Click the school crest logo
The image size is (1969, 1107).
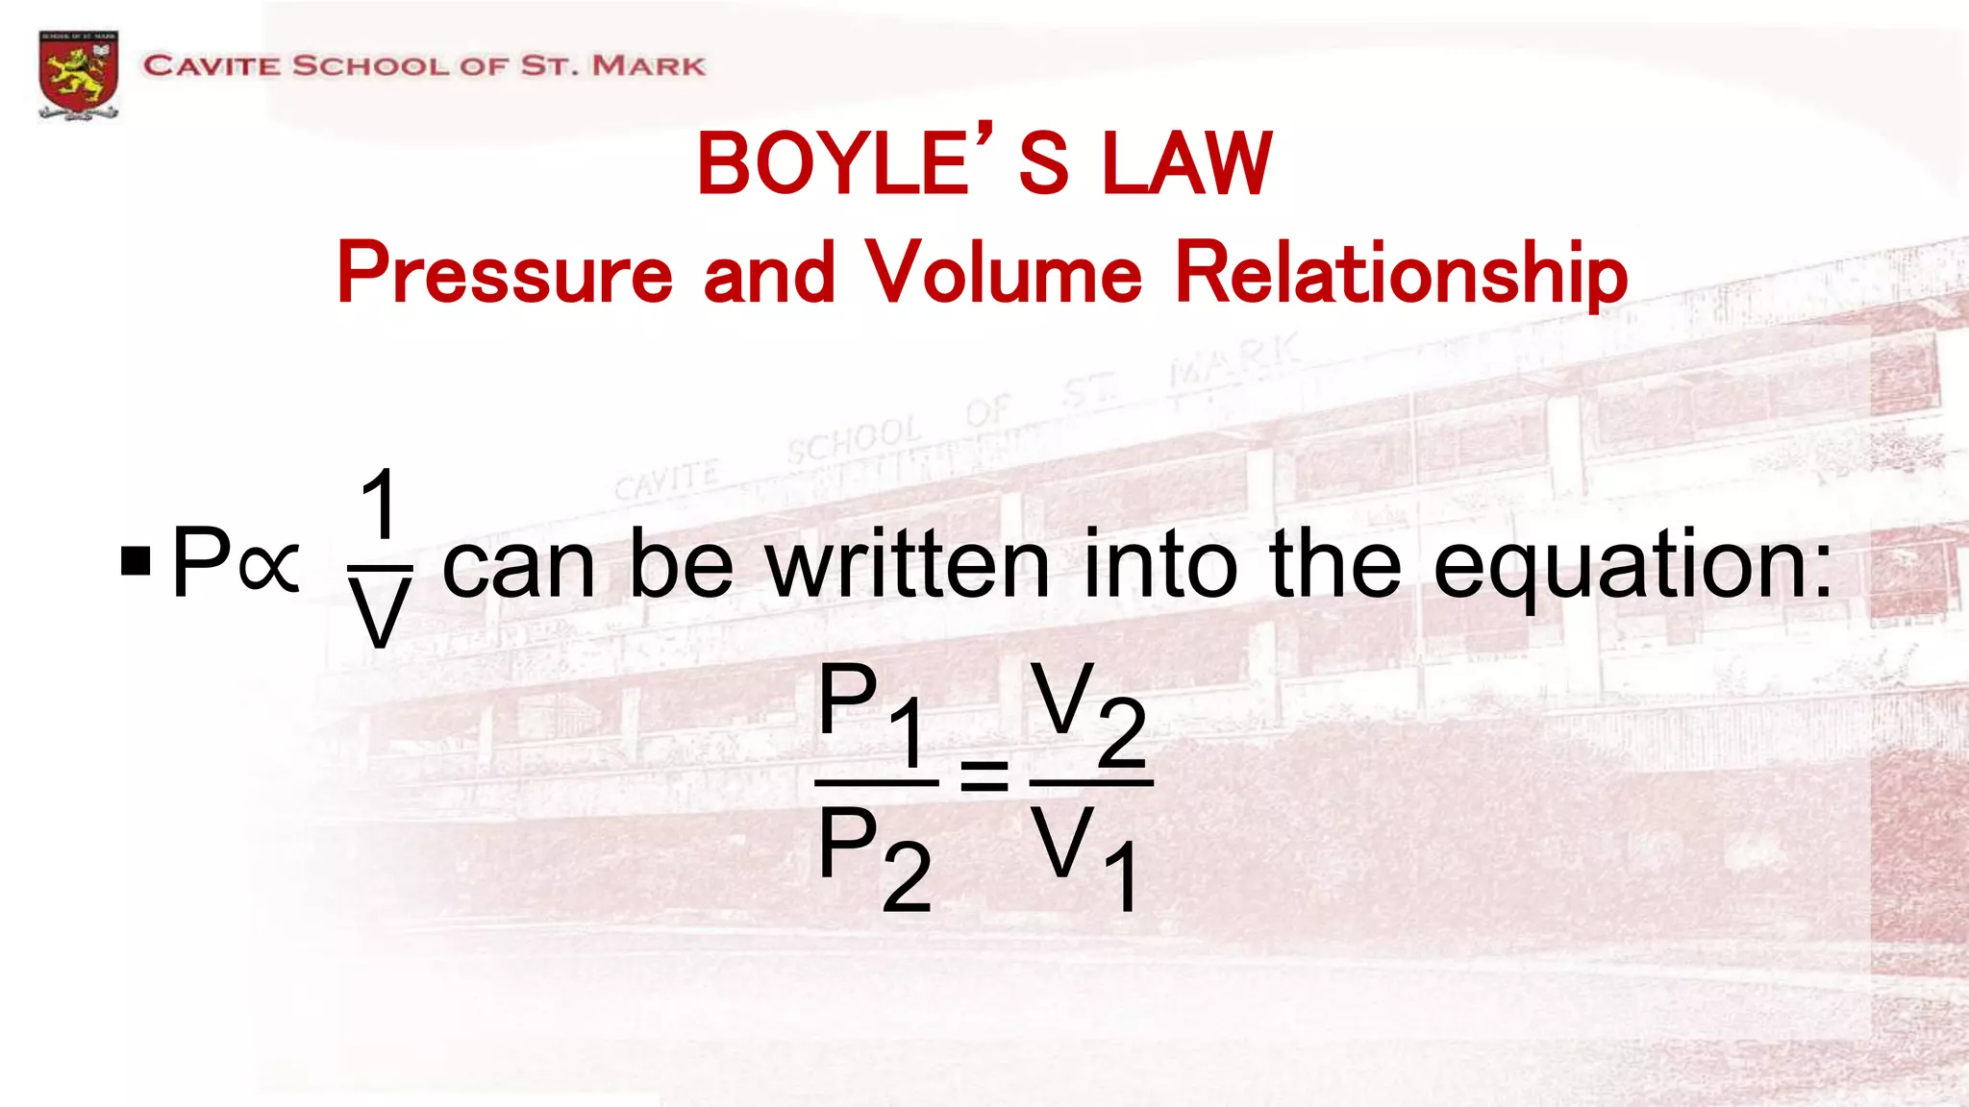coord(79,74)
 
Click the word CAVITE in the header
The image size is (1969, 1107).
coord(212,66)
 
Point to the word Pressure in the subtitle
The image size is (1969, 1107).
coord(504,275)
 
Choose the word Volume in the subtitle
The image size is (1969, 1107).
coord(1005,273)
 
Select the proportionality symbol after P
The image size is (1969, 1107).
coord(270,564)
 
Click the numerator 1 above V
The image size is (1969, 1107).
coord(380,505)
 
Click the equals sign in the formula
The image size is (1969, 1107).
coord(984,775)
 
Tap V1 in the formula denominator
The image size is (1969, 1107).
coord(1087,856)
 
